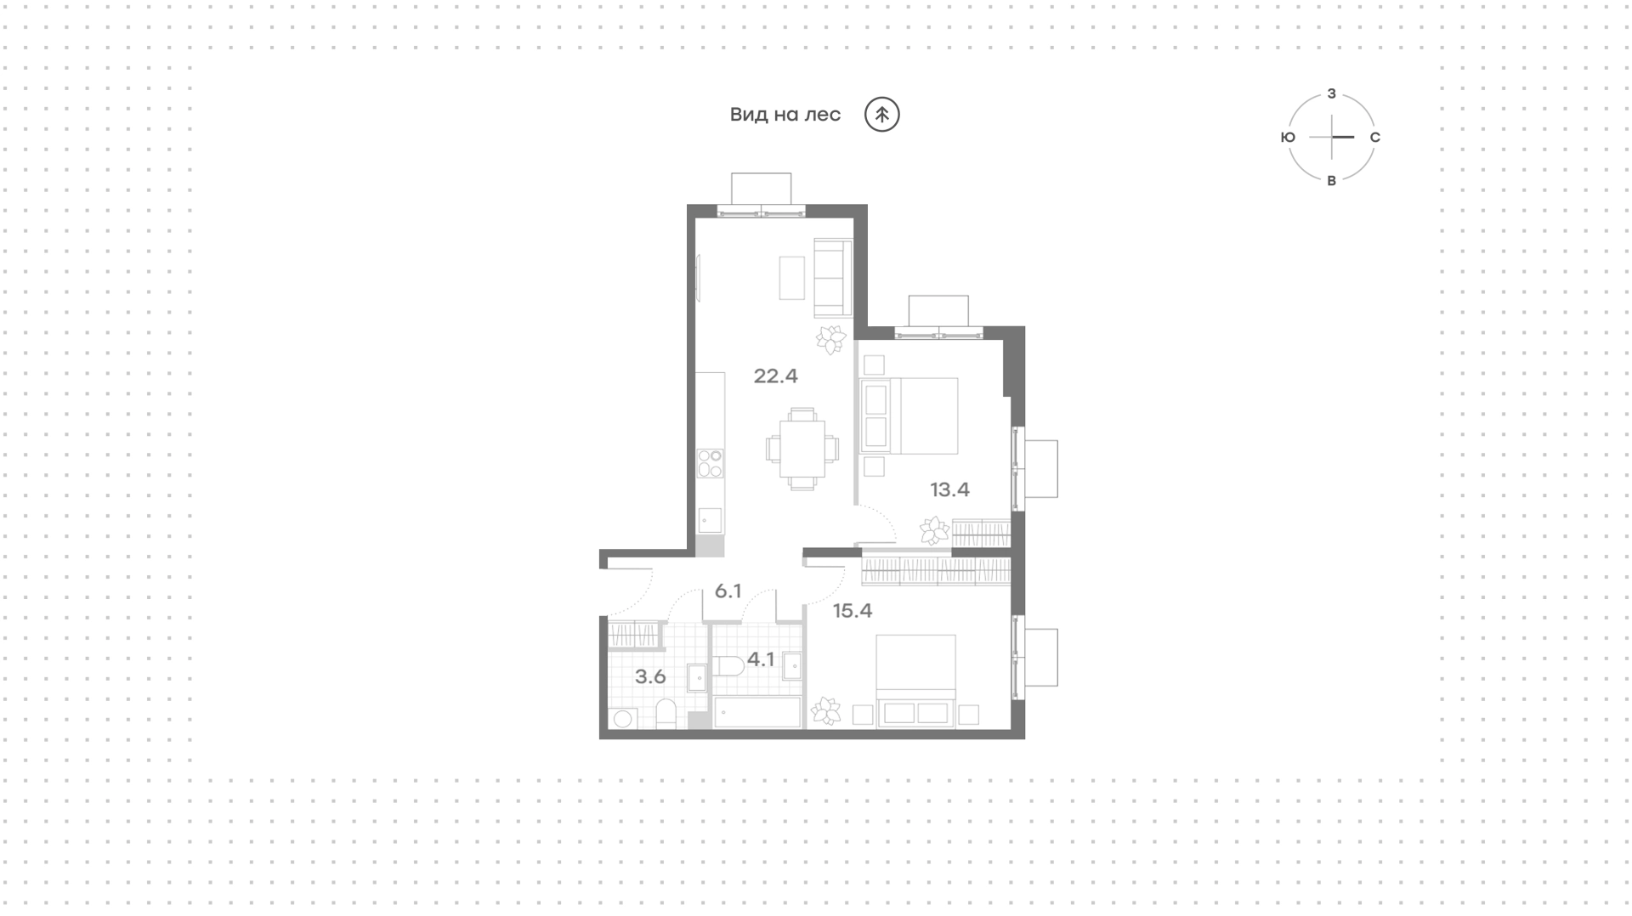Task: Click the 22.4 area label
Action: [x=775, y=376]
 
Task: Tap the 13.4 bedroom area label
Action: [x=949, y=489]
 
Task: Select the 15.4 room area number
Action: [x=853, y=611]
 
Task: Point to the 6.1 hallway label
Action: [x=728, y=591]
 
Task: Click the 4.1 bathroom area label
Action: [x=761, y=659]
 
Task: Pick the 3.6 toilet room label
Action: [x=650, y=677]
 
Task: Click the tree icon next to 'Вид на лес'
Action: [x=882, y=115]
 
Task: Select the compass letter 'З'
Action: [x=1332, y=93]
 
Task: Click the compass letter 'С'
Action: [x=1375, y=138]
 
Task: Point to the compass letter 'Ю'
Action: [x=1288, y=138]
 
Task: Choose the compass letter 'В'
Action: [x=1332, y=181]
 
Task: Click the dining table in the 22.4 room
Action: [x=802, y=449]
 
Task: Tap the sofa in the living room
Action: [x=833, y=278]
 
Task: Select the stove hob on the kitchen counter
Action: [x=710, y=464]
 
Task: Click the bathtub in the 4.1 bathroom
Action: [x=757, y=713]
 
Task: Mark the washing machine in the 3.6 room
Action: [x=621, y=719]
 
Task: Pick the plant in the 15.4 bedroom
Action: [x=825, y=710]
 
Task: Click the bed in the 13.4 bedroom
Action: [x=909, y=416]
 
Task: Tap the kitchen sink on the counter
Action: [x=710, y=520]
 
